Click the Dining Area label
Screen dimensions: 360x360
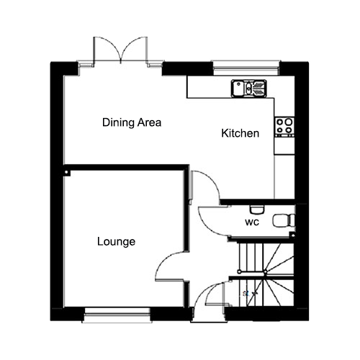point(132,122)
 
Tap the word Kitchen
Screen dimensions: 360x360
point(240,133)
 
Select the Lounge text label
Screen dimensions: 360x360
point(116,241)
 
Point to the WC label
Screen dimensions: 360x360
point(252,222)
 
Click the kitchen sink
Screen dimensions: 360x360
point(249,88)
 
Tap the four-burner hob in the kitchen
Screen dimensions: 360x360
point(284,127)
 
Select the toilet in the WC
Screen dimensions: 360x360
point(284,220)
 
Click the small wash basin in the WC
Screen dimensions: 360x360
point(257,210)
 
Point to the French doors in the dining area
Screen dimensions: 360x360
point(120,51)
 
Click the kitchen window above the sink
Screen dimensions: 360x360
point(246,68)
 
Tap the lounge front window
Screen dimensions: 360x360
point(117,315)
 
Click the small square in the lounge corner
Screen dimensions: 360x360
point(67,173)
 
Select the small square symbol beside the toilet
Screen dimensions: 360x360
point(292,235)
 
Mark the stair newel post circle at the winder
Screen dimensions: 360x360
point(265,272)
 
